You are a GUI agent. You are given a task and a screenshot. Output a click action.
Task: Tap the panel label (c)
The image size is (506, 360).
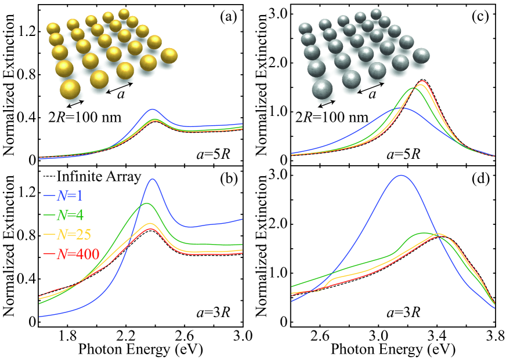pos(479,18)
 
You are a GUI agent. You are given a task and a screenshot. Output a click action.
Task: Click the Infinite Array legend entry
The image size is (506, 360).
pos(93,177)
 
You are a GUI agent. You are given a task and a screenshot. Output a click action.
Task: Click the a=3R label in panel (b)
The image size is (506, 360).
pos(212,314)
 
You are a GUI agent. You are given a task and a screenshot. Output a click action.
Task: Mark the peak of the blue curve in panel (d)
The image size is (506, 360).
pos(400,175)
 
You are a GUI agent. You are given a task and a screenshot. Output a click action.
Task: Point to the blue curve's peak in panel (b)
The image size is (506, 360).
pos(153,179)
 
